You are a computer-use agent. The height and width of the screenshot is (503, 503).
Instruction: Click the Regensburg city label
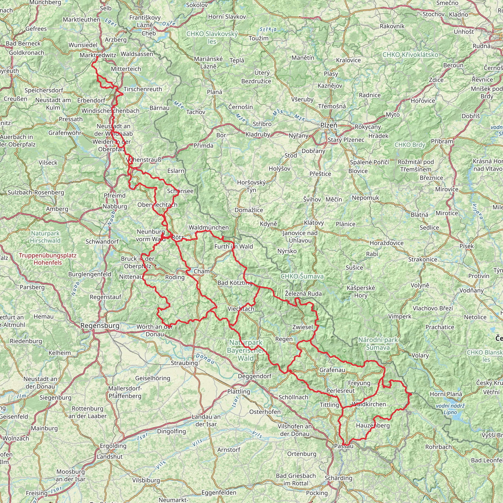coord(100,325)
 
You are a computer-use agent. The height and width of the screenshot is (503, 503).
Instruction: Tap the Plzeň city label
coord(329,125)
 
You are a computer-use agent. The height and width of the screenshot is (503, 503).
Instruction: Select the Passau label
coord(344,446)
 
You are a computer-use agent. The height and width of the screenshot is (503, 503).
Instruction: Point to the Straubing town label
coord(184,363)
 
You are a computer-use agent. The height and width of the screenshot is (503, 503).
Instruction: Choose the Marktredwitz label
coord(98,55)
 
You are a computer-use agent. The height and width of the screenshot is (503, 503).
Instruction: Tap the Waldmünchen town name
coord(209,227)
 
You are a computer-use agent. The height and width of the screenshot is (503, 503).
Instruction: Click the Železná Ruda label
coord(303,294)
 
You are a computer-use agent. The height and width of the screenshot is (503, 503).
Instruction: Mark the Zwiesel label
coord(303,327)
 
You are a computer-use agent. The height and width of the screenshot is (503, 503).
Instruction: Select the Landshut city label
coord(110,456)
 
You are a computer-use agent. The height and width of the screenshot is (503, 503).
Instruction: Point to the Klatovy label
coord(314,223)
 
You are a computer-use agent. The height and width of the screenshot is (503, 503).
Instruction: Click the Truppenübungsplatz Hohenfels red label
coord(48,259)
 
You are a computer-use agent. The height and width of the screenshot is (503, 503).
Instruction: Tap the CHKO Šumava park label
coord(302,276)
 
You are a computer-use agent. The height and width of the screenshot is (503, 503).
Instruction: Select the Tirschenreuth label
coord(143,89)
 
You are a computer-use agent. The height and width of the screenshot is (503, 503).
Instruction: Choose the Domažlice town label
coord(249,210)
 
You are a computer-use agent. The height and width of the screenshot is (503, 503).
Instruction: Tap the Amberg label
coord(57,209)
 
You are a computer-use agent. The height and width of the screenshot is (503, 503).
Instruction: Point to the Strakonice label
coord(422,259)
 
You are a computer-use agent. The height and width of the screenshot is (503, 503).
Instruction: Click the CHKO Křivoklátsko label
coord(410,55)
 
